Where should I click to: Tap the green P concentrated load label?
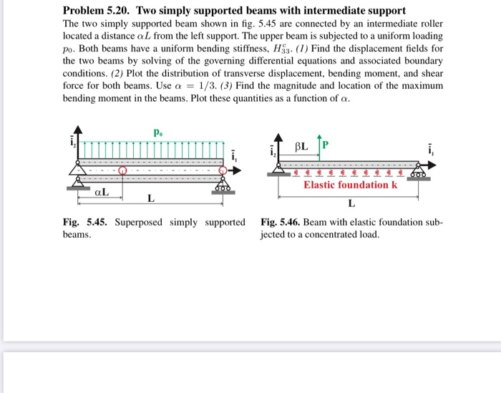[x=325, y=145]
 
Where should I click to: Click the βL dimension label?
[x=302, y=146]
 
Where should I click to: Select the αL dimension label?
[x=101, y=192]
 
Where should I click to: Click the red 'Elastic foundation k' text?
[x=350, y=185]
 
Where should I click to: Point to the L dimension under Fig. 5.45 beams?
[x=150, y=198]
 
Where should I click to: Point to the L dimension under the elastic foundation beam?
[x=351, y=203]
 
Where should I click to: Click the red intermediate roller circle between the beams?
[x=122, y=171]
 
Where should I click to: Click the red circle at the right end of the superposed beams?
[x=224, y=171]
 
